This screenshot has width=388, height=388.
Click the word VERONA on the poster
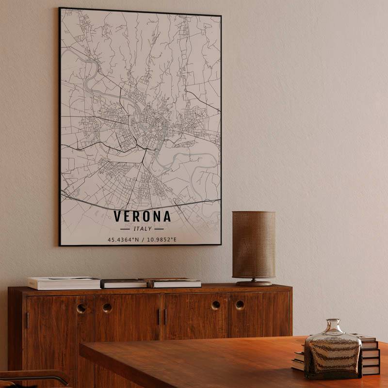pyautogui.click(x=142, y=216)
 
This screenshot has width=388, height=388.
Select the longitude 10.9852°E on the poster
pyautogui.click(x=162, y=239)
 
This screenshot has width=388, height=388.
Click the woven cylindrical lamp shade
pyautogui.click(x=254, y=244)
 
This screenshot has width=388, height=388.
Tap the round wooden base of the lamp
pyautogui.click(x=254, y=283)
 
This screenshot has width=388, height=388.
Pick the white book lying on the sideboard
pyautogui.click(x=64, y=283)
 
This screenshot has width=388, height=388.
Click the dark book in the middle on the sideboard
pyautogui.click(x=124, y=283)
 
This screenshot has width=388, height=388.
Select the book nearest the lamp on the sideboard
pyautogui.click(x=176, y=283)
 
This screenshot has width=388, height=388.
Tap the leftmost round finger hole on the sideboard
pyautogui.click(x=81, y=308)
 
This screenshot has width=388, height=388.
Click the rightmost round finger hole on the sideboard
pyautogui.click(x=240, y=305)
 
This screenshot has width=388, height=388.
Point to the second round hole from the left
pyautogui.click(x=107, y=307)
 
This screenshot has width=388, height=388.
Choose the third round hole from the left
pyautogui.click(x=215, y=305)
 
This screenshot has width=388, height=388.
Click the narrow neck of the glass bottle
pyautogui.click(x=333, y=324)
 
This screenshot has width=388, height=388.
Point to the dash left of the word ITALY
pyautogui.click(x=125, y=228)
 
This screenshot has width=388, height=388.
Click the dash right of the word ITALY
pyautogui.click(x=159, y=228)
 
